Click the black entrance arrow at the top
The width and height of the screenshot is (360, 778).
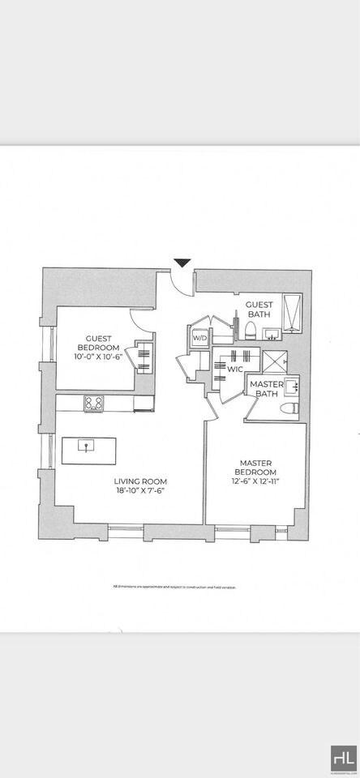182,263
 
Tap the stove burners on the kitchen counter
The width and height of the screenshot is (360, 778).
94,402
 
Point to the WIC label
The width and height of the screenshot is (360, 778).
234,370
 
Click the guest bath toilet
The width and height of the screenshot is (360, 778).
251,329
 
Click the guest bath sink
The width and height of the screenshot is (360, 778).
272,333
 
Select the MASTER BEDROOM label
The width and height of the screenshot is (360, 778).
255,468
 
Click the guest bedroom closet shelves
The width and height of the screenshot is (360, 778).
143,357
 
